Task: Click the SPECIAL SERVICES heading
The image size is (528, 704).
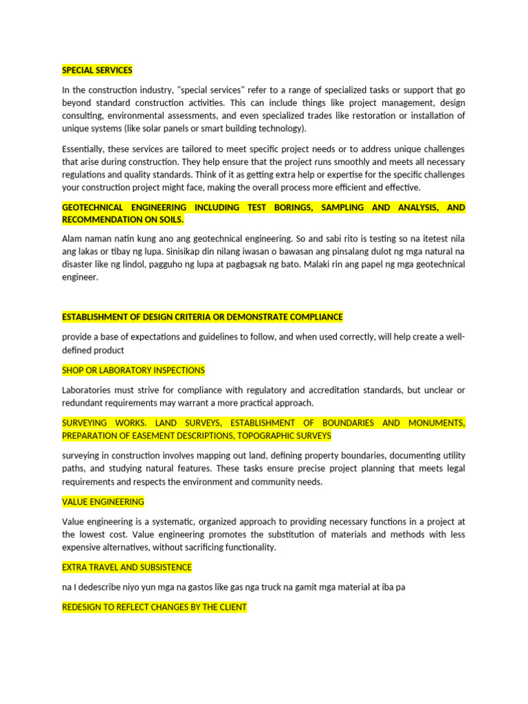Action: pyautogui.click(x=97, y=70)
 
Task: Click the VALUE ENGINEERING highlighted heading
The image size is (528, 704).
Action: pyautogui.click(x=103, y=502)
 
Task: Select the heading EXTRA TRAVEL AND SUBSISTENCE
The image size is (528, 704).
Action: pyautogui.click(x=126, y=567)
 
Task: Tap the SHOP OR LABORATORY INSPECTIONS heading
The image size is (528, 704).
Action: pyautogui.click(x=133, y=370)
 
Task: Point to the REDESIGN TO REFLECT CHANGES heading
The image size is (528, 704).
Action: pyautogui.click(x=154, y=608)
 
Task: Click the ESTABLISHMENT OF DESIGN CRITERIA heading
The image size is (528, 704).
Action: pyautogui.click(x=202, y=317)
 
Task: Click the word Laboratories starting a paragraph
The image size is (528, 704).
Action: pyautogui.click(x=89, y=390)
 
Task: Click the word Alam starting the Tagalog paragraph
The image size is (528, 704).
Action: pyautogui.click(x=74, y=239)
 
